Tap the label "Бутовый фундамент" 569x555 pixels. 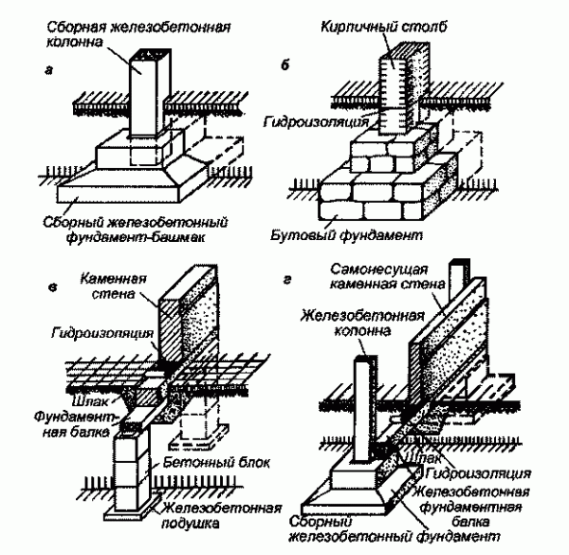[375, 232]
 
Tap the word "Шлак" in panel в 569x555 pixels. [73, 387]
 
